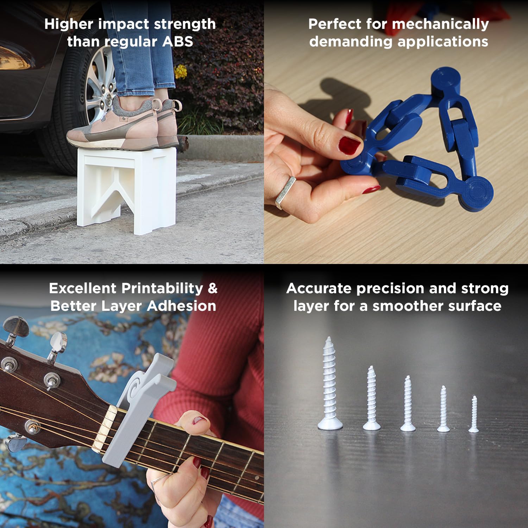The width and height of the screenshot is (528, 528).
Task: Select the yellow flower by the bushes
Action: (181, 71)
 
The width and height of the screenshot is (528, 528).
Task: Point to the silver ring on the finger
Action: (285, 192)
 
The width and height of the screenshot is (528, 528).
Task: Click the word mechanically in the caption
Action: (440, 24)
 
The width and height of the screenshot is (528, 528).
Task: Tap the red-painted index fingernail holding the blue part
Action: (349, 146)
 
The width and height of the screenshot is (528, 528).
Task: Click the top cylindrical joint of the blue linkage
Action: (446, 82)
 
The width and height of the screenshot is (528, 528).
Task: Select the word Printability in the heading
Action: (162, 289)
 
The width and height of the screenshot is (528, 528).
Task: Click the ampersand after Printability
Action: (213, 288)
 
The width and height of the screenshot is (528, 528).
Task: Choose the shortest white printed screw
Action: (474, 414)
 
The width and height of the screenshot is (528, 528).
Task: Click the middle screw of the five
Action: (408, 403)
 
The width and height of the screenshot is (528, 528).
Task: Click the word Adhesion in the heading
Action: (182, 306)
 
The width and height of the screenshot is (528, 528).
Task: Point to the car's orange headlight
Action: (14, 58)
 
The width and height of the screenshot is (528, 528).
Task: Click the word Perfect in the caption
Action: (335, 24)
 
